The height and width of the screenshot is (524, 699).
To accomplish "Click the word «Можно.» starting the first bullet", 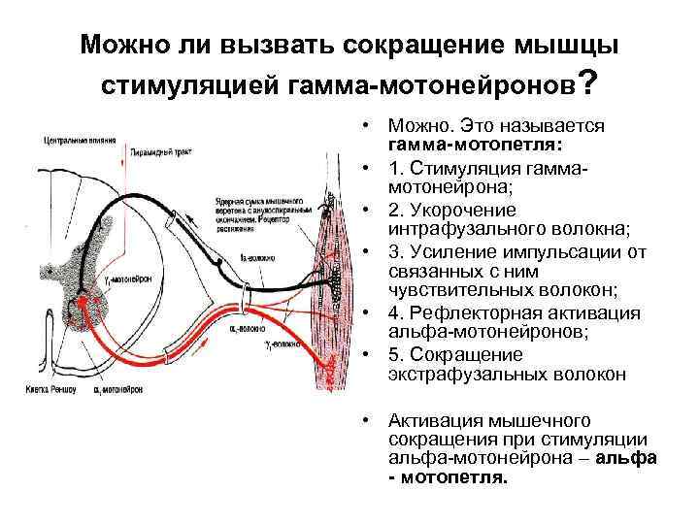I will click(412, 126).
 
